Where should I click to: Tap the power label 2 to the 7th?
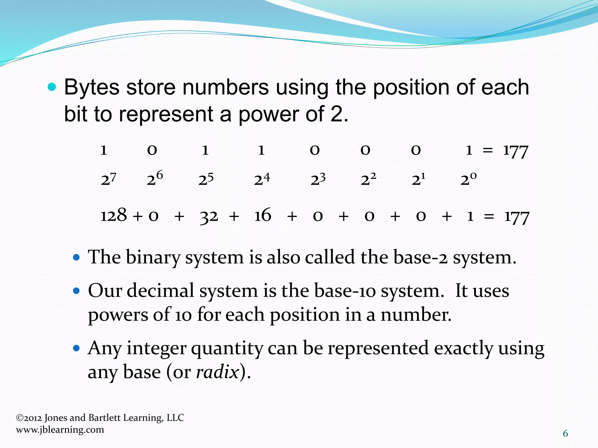tap(109, 179)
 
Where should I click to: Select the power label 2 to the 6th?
tap(155, 178)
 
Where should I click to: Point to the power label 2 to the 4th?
tap(262, 179)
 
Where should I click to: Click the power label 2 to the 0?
tap(468, 179)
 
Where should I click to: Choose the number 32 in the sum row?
tap(209, 216)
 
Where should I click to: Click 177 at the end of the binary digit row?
tap(516, 151)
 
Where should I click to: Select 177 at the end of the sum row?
tap(517, 217)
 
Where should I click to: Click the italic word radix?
tap(218, 372)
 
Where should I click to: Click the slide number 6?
tap(565, 434)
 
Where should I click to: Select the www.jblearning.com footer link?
tap(60, 430)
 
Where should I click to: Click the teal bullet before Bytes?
tap(52, 87)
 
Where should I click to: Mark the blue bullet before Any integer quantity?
tap(76, 348)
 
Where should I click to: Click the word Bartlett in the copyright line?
tap(104, 418)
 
